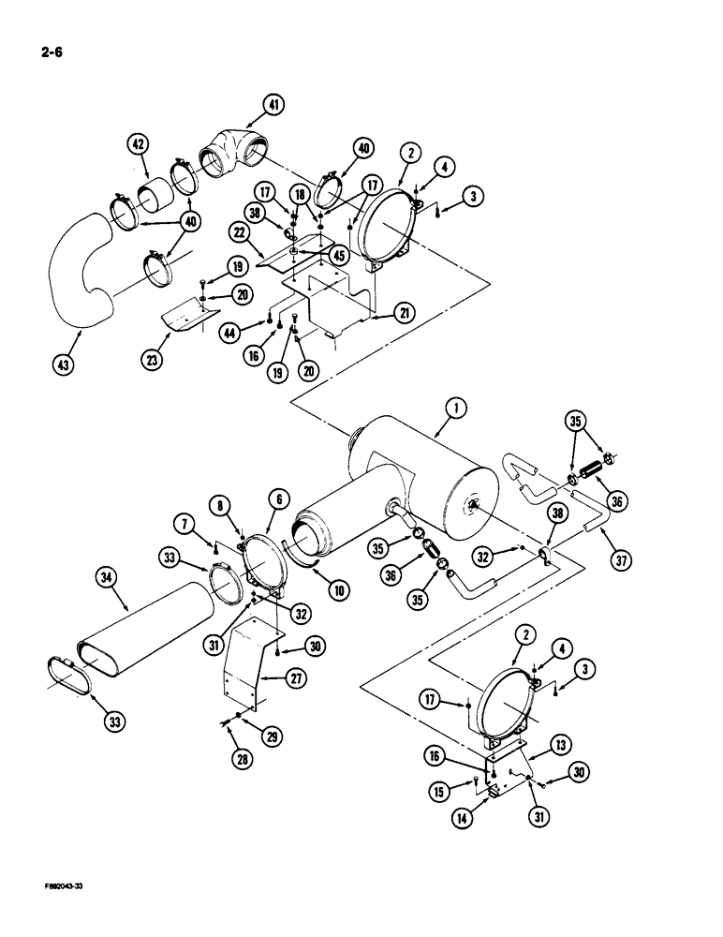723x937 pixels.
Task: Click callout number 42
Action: pyautogui.click(x=139, y=145)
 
